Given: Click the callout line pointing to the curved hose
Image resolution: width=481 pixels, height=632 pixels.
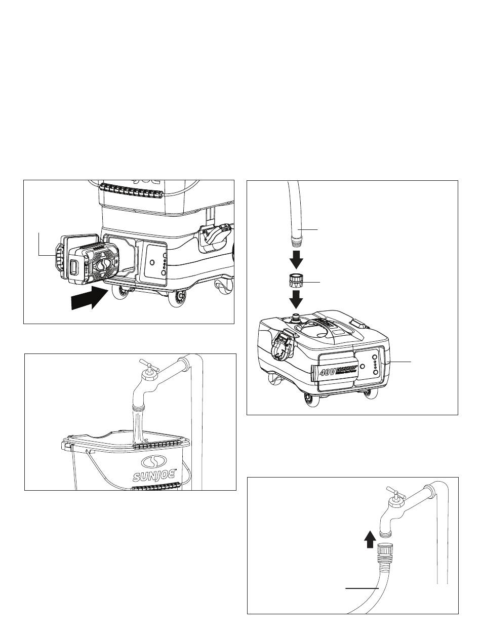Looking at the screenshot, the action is coord(363,588).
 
